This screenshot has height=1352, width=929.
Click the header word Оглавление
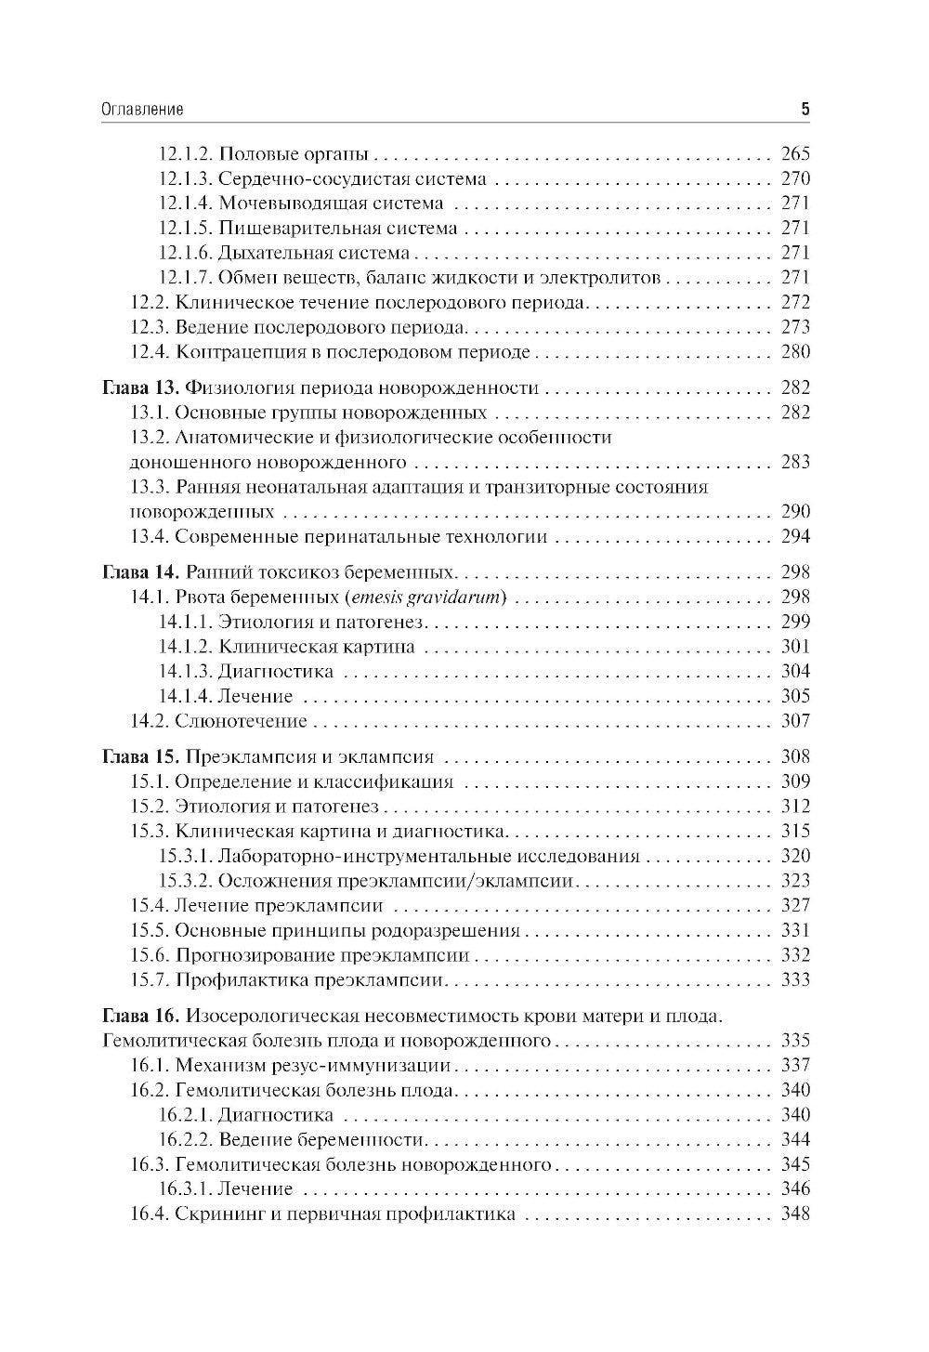pyautogui.click(x=141, y=109)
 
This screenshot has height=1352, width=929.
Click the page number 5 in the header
pyautogui.click(x=805, y=109)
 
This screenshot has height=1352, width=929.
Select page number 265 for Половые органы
pyautogui.click(x=795, y=154)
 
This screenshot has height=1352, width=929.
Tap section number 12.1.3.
pyautogui.click(x=186, y=178)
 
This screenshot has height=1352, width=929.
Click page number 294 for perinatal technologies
pyautogui.click(x=795, y=536)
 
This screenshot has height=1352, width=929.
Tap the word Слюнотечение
pyautogui.click(x=241, y=720)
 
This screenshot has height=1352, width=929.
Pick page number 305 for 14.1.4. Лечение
pyautogui.click(x=795, y=696)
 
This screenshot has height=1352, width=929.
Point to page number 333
pyautogui.click(x=795, y=979)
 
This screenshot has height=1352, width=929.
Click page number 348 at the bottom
pyautogui.click(x=795, y=1214)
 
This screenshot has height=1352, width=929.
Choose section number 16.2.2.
pyautogui.click(x=186, y=1139)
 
